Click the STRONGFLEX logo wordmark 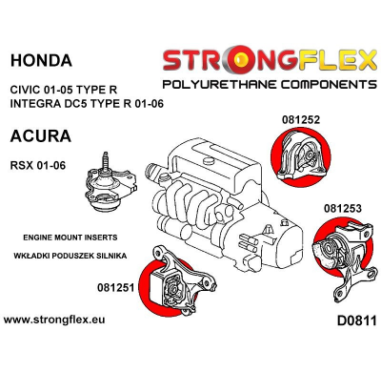pyautogui.click(x=268, y=63)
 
